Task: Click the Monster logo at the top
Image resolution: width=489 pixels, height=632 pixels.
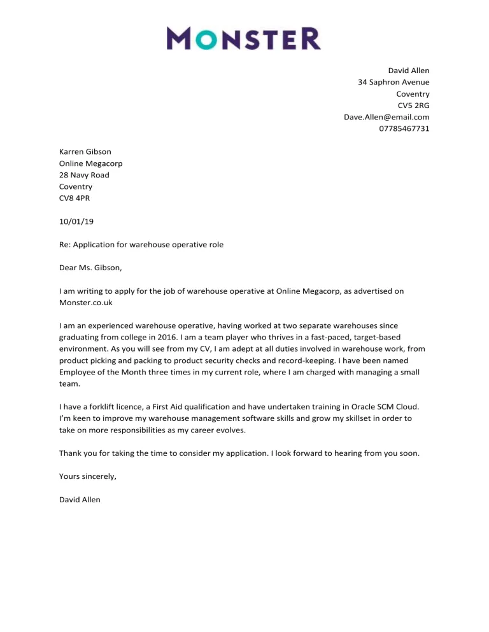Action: (244, 38)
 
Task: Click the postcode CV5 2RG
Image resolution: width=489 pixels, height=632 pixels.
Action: (413, 105)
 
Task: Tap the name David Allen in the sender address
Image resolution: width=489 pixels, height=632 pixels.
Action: (409, 70)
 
